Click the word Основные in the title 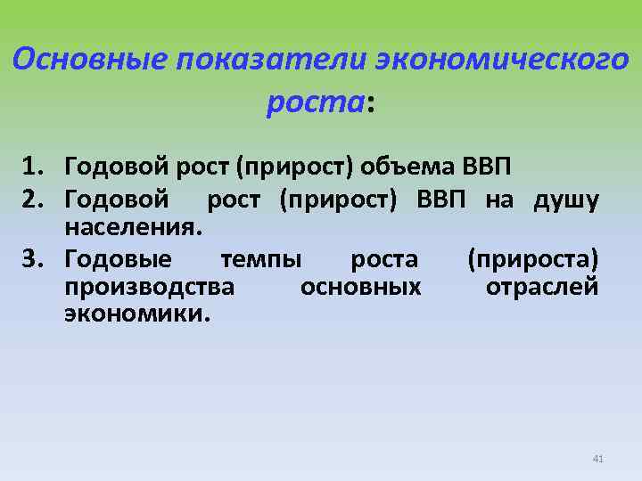tap(90, 61)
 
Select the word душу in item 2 tap(565, 200)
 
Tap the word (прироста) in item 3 tap(532, 259)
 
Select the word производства tap(149, 287)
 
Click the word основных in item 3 tap(360, 287)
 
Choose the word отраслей tap(541, 287)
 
